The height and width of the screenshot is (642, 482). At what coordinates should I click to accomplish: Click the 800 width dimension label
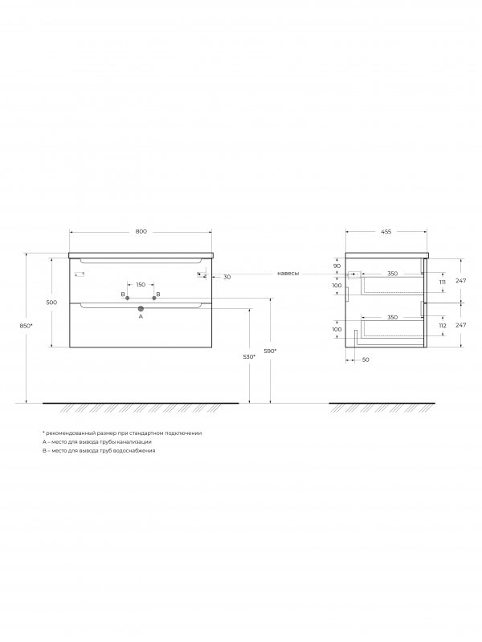pyautogui.click(x=141, y=231)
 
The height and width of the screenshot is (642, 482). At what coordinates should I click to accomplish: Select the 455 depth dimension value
pyautogui.click(x=386, y=231)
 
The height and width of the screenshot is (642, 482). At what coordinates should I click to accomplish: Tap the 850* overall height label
pyautogui.click(x=27, y=326)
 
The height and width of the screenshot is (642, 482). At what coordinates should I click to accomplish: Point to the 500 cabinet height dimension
pyautogui.click(x=51, y=303)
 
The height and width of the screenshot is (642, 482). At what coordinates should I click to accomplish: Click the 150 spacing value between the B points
pyautogui.click(x=141, y=285)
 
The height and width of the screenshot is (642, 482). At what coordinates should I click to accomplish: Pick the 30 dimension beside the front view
pyautogui.click(x=227, y=277)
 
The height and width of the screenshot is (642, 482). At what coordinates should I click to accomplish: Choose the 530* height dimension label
pyautogui.click(x=249, y=356)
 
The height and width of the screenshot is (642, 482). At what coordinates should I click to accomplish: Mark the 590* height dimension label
pyautogui.click(x=270, y=351)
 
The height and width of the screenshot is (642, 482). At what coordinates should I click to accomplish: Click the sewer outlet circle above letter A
pyautogui.click(x=141, y=309)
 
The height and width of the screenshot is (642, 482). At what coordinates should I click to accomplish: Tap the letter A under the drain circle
pyautogui.click(x=141, y=316)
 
